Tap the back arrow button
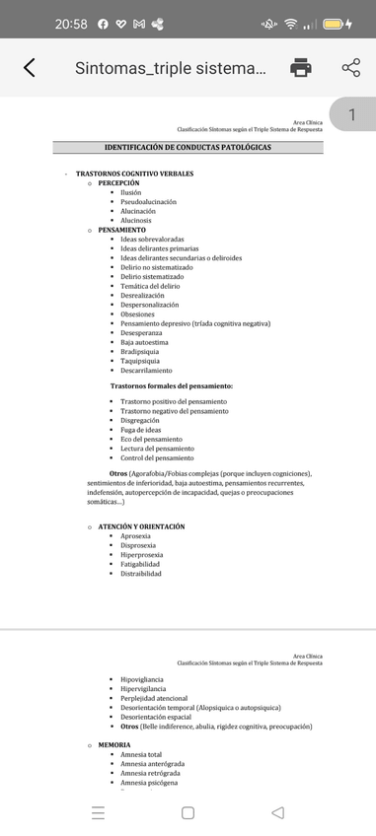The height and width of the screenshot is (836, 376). pos(29,68)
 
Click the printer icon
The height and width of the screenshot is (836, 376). pos(301,68)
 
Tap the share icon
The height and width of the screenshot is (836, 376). pos(350,68)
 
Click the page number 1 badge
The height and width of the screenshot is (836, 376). pos(352,115)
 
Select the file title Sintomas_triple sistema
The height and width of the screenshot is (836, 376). pos(170,68)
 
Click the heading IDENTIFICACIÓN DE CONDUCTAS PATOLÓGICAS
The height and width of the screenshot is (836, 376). pos(188,147)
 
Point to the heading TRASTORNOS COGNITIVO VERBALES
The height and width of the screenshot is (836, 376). pos(134,174)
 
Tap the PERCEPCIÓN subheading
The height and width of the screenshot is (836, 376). pos(118,182)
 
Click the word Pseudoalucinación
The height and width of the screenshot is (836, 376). pos(148,201)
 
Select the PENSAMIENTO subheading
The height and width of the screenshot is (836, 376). pos(121,230)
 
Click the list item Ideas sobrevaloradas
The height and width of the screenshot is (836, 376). pos(152,239)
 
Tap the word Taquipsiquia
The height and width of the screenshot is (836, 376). pos(140,361)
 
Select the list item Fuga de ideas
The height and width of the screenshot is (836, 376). pos(141,430)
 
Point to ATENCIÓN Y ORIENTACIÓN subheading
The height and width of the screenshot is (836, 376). pos(141,526)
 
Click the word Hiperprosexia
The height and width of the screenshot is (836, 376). pos(142,554)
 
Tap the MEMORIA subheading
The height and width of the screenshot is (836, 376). pos(114,744)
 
